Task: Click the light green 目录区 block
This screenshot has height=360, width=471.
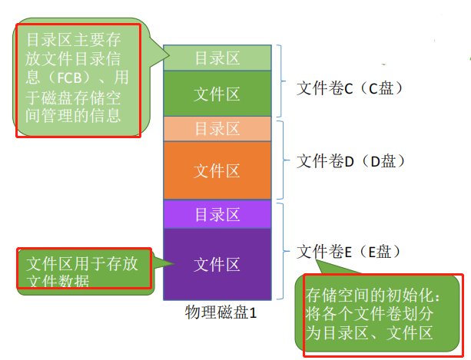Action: (x=217, y=58)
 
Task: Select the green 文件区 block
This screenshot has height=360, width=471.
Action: (x=217, y=94)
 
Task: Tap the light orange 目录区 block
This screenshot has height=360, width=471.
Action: (x=217, y=129)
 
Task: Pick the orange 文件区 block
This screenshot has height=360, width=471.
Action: (x=217, y=169)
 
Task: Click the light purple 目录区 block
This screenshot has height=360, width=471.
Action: (x=217, y=214)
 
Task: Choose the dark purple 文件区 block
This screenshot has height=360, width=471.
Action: (x=217, y=264)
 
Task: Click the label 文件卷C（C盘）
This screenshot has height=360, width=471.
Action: (x=350, y=88)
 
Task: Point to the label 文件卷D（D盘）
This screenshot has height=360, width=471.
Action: (x=350, y=161)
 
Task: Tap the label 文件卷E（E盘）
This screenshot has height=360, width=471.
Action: (x=350, y=251)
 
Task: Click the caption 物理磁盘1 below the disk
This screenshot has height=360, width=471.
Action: (x=221, y=312)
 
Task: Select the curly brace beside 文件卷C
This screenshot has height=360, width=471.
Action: (x=283, y=81)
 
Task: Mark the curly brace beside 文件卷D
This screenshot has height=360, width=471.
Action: (x=283, y=160)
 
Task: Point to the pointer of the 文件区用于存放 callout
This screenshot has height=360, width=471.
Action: (x=171, y=265)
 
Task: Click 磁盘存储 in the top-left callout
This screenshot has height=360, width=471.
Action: (x=58, y=97)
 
